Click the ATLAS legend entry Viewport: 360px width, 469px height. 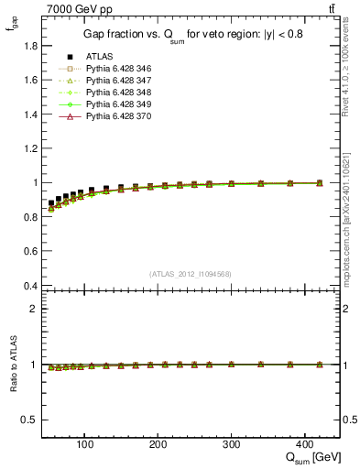click(99, 56)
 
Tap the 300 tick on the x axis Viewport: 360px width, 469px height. click(231, 442)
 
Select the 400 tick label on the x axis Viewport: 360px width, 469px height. click(304, 442)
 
